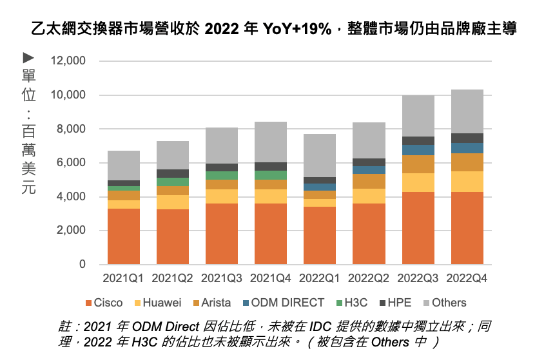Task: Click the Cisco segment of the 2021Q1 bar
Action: pos(124,236)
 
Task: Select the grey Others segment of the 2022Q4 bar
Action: pos(467,111)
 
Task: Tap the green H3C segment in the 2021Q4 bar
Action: pos(271,175)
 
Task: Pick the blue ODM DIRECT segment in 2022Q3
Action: pos(418,150)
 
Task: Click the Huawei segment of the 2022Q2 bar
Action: pos(369,196)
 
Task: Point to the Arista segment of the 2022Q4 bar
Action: pos(467,162)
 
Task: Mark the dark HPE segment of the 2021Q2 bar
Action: pos(173,173)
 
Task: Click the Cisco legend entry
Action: pos(104,303)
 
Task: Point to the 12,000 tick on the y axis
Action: pos(68,61)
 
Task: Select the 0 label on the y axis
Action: pos(82,265)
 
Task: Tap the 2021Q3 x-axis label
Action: pos(222,279)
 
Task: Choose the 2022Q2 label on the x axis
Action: pos(369,279)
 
